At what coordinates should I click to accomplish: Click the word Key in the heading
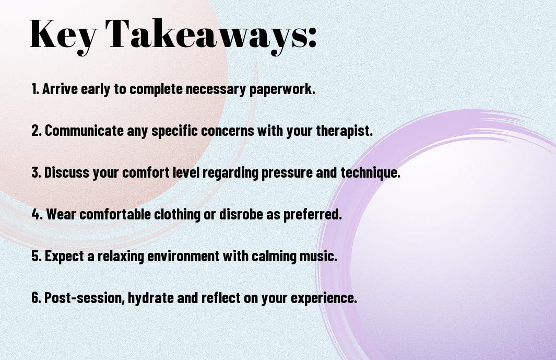click(x=63, y=35)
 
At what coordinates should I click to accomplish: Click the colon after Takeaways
click(x=312, y=38)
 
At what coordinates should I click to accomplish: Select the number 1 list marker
click(x=35, y=89)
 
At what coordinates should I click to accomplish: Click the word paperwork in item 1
click(x=282, y=89)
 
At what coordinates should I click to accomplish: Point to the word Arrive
click(x=60, y=89)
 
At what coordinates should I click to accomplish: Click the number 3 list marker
click(x=36, y=172)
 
